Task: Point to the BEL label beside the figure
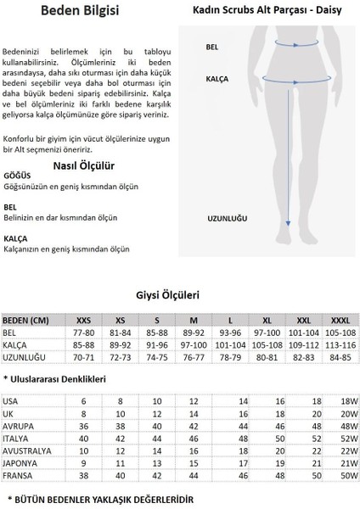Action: pyautogui.click(x=211, y=48)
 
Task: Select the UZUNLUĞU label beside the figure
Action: pyautogui.click(x=227, y=218)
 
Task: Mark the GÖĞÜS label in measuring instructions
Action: pyautogui.click(x=16, y=176)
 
